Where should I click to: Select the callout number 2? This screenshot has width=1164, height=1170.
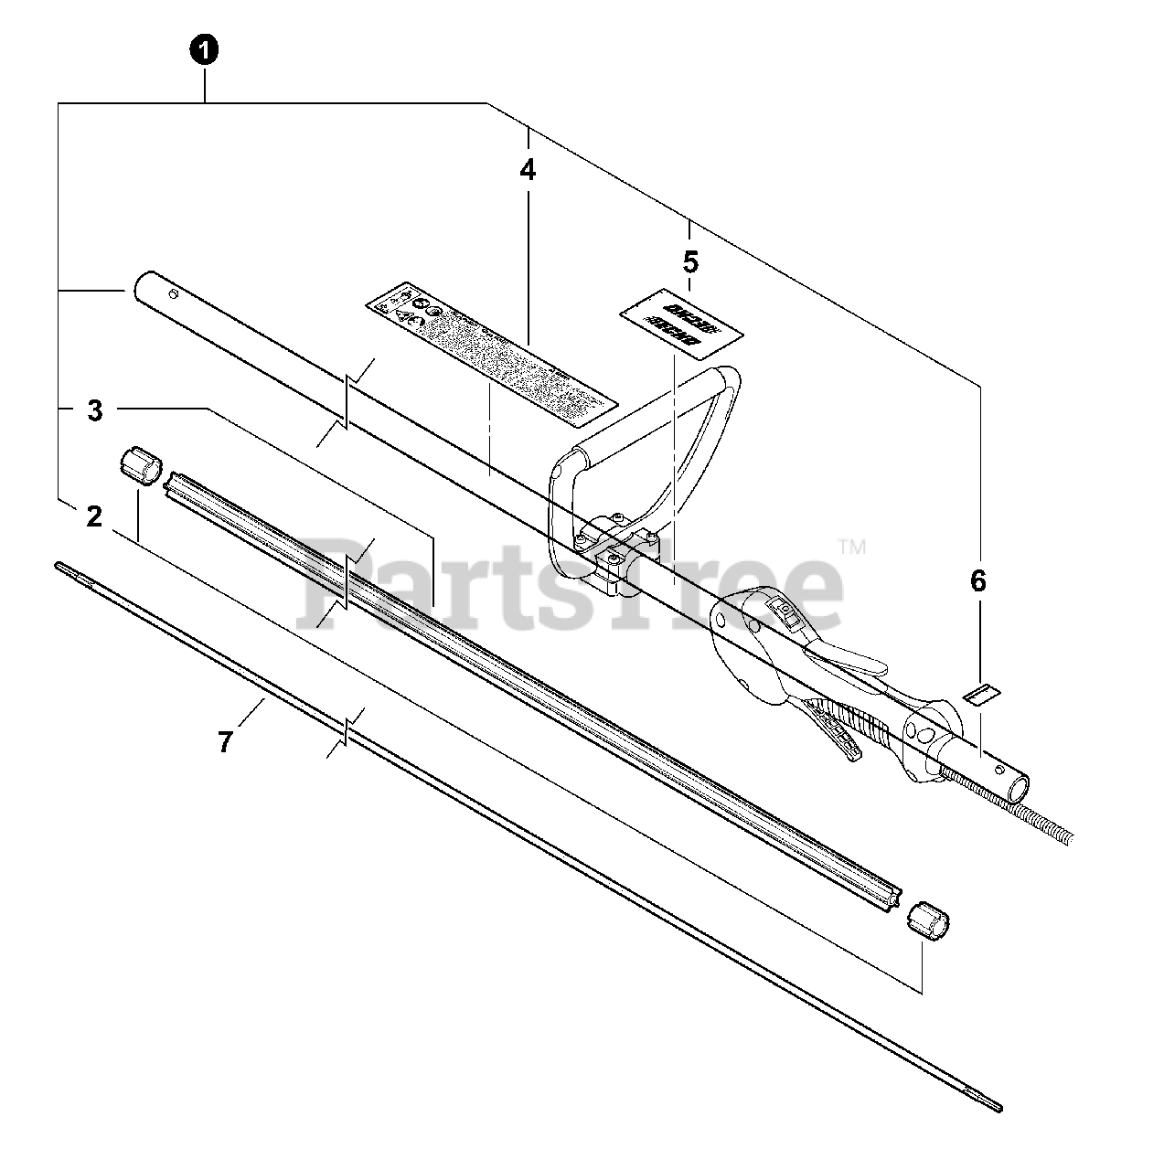pos(94,517)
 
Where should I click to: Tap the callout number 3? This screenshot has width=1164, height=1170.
pos(95,411)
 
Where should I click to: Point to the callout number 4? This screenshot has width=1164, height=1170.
pos(528,171)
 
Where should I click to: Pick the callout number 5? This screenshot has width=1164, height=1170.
pos(690,262)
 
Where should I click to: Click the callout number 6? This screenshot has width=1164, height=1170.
pos(978,580)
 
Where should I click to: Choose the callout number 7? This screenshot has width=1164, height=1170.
pos(226,741)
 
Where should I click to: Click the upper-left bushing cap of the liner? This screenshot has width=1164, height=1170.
pos(140,463)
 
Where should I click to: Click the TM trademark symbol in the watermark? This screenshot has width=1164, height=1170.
pos(851,548)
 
